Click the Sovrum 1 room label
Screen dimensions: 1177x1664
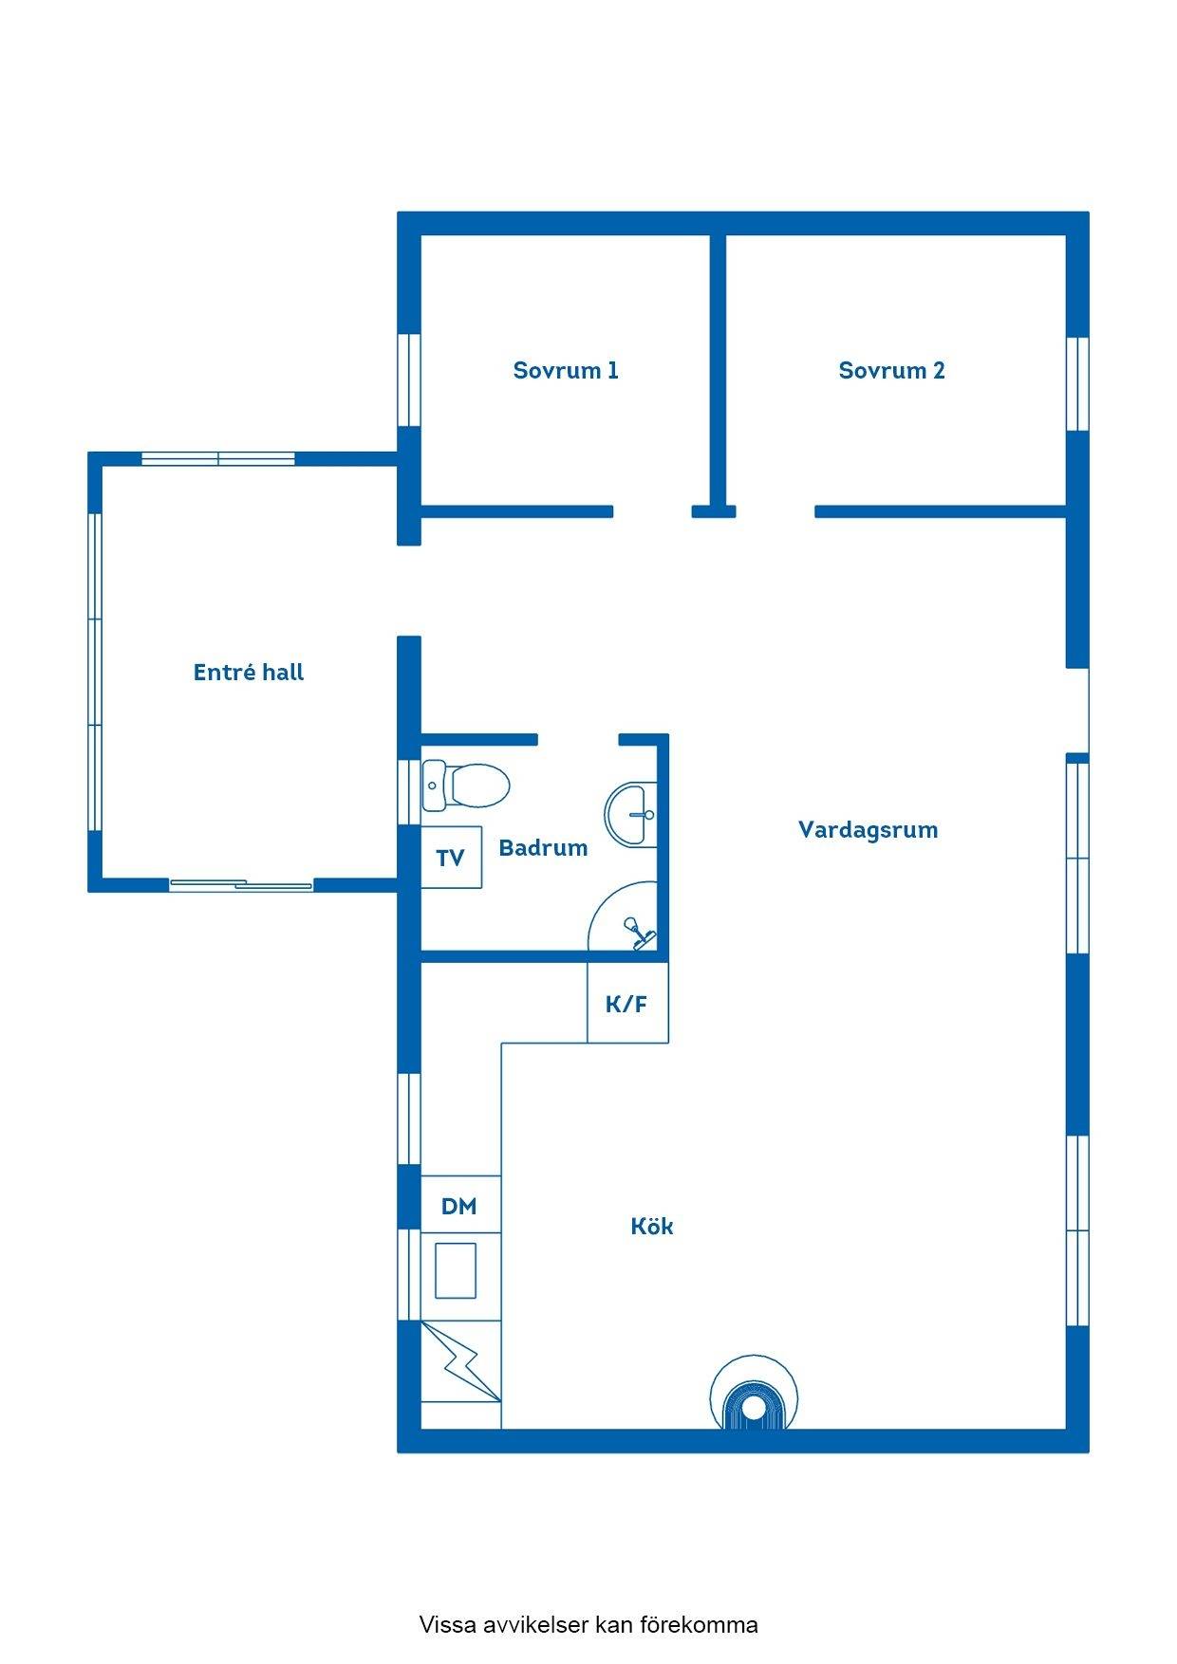[566, 370]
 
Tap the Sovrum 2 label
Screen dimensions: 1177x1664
[891, 370]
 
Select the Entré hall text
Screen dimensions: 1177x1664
[249, 673]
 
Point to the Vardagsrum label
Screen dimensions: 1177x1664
[868, 830]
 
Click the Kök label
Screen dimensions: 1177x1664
[652, 1226]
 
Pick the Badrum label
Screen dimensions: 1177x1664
[543, 848]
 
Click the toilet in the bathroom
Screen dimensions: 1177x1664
[466, 786]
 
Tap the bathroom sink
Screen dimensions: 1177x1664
[631, 814]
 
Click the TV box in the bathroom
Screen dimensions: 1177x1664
[451, 858]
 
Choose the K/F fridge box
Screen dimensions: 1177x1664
[627, 1003]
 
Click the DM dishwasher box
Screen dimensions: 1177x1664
[460, 1206]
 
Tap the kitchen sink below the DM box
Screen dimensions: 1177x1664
[456, 1271]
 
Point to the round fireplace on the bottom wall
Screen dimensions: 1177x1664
[754, 1393]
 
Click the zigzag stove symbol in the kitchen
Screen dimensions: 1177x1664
[460, 1360]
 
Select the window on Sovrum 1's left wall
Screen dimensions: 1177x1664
[409, 380]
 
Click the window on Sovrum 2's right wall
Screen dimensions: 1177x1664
[1077, 384]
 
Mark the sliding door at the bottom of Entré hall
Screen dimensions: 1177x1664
[241, 886]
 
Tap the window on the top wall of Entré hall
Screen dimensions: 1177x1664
[218, 459]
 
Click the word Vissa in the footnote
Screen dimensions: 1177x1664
[448, 1625]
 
